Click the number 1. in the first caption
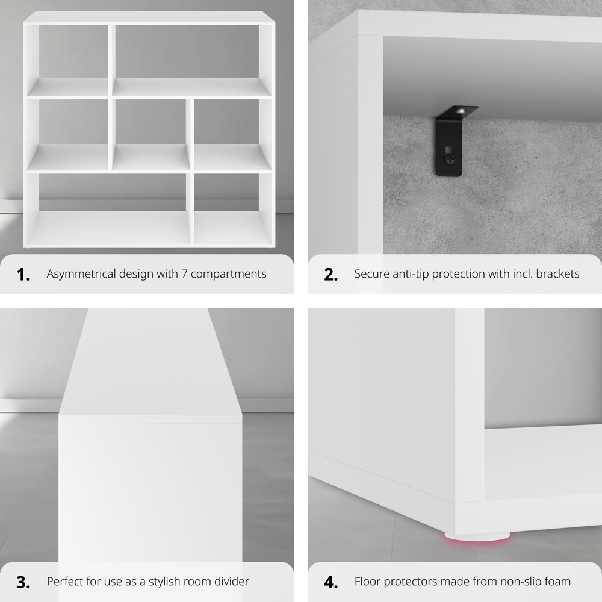point(23,275)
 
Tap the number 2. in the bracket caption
point(330,275)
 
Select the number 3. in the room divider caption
point(23,582)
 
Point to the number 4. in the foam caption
point(330,582)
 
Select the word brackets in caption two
point(557,274)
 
